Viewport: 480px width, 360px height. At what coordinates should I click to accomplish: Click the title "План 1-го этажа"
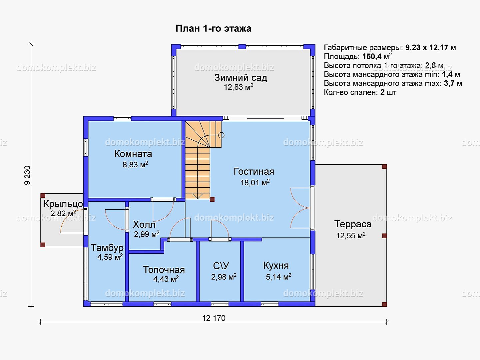tap(214, 28)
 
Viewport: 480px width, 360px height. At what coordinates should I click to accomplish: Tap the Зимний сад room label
tap(240, 78)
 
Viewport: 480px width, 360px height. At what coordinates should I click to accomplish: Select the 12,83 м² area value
tap(239, 87)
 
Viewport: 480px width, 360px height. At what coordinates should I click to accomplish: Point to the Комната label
tap(133, 154)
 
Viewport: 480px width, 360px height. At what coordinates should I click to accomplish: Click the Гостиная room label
tap(254, 171)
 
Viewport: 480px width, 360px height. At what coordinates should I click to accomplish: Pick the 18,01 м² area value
tap(255, 182)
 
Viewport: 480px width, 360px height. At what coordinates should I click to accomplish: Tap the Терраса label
tap(353, 224)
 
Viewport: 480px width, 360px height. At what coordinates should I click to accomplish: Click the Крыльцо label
tap(63, 204)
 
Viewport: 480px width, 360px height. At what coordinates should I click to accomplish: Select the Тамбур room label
tap(107, 248)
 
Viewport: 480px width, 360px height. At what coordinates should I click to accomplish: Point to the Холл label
tap(144, 225)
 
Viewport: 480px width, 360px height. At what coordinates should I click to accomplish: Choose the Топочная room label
tap(164, 270)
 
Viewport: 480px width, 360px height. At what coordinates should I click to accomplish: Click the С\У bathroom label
tap(221, 266)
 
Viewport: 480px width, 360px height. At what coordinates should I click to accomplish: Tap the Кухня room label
tap(276, 266)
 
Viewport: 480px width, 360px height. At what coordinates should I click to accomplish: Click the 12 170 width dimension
tap(214, 318)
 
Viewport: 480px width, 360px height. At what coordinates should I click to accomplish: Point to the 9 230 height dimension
tap(27, 175)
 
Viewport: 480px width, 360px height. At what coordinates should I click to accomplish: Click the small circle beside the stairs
tap(221, 135)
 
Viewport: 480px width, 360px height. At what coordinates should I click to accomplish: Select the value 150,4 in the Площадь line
tap(372, 56)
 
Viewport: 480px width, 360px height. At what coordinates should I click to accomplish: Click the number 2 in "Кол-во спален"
tap(382, 92)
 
